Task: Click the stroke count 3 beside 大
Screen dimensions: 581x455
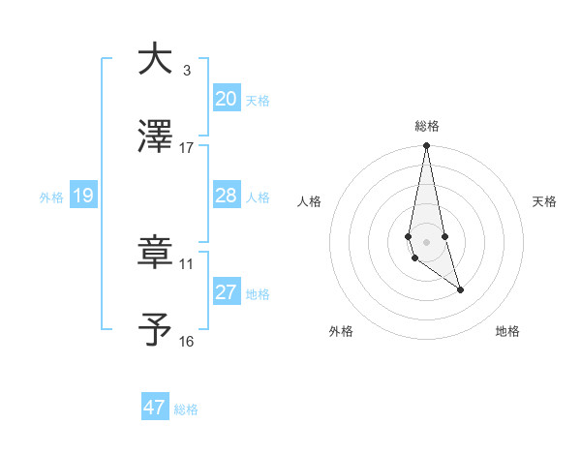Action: pos(186,70)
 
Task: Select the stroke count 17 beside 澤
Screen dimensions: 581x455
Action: pos(187,148)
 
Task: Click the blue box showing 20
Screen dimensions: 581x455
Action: pos(227,99)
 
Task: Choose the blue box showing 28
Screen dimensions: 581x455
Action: pos(227,196)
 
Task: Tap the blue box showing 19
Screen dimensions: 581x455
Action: pos(83,196)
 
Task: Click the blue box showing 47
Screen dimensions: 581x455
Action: pos(155,408)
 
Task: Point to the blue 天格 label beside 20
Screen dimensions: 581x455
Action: pos(258,100)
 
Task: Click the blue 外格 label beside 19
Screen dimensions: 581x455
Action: pos(51,197)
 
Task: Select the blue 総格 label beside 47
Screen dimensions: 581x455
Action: pos(186,409)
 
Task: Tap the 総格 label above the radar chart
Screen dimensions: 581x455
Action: pos(427,126)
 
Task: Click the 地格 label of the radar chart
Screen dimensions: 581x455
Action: pos(507,331)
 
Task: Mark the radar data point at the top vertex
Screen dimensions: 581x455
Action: pos(427,146)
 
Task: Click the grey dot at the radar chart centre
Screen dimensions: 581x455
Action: pos(427,241)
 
